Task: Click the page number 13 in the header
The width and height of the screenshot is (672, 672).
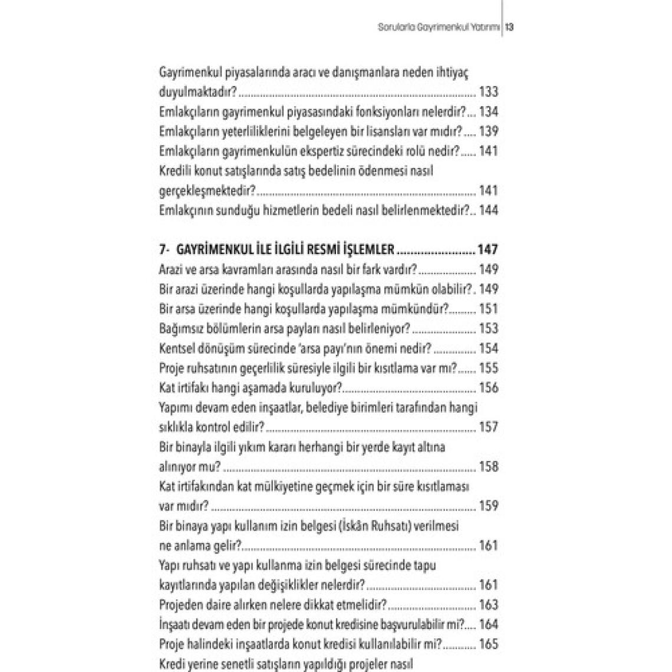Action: (x=510, y=27)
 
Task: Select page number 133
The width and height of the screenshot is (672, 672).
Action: (x=489, y=92)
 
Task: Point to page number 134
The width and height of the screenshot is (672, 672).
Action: (x=489, y=111)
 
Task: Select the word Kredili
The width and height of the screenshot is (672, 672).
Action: (x=176, y=171)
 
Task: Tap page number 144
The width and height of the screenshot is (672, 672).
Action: (x=489, y=210)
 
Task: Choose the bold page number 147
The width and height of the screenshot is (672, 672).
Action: (x=487, y=250)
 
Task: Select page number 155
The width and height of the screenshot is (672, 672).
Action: (x=489, y=368)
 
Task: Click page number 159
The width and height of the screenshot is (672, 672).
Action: (x=489, y=506)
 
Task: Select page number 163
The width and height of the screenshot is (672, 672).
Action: (x=489, y=605)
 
